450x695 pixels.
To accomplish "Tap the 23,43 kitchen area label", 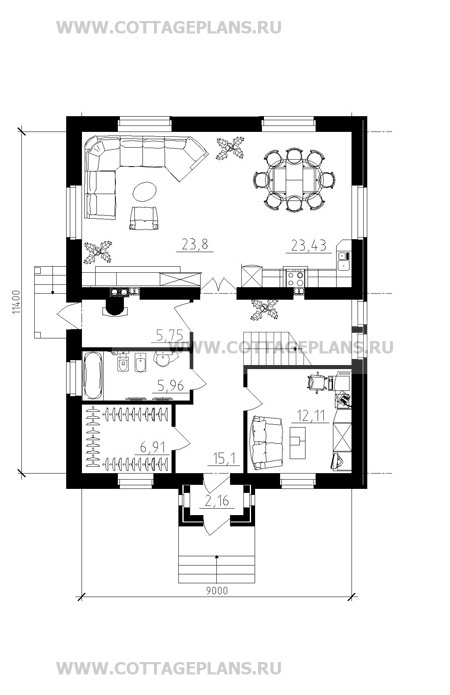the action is click(x=309, y=245).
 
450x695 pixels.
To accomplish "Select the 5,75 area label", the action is click(x=169, y=335).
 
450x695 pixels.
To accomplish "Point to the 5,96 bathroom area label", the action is click(x=170, y=385).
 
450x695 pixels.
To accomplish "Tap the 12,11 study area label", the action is click(x=311, y=416).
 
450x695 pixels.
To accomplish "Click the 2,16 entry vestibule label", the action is click(x=217, y=501).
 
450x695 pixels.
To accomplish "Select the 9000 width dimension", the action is click(x=217, y=590).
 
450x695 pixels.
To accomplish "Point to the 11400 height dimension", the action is click(x=16, y=302).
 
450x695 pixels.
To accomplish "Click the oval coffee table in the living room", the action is click(x=144, y=192).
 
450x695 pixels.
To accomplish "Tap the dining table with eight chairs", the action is click(x=294, y=180).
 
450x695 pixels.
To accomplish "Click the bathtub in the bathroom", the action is click(x=93, y=376).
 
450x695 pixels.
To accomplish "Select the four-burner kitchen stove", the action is click(x=295, y=278).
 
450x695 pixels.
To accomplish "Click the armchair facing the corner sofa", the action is click(x=144, y=218).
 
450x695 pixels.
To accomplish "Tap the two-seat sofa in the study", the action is click(x=266, y=442).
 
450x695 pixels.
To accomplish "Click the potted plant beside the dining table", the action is click(x=230, y=148).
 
